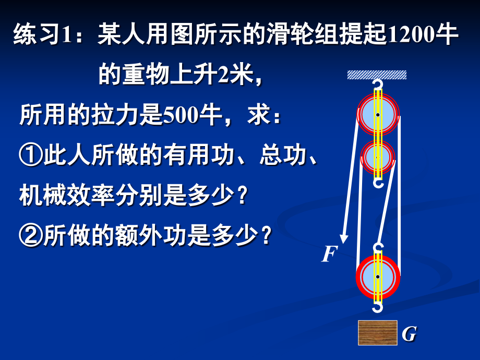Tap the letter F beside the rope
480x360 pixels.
click(x=328, y=254)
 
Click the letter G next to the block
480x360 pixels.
click(x=409, y=334)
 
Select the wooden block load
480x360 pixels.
click(x=378, y=333)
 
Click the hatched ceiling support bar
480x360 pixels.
click(x=377, y=75)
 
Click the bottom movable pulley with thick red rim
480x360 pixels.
click(x=378, y=276)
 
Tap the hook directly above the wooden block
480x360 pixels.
click(x=378, y=308)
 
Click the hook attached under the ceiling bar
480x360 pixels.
click(x=377, y=84)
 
